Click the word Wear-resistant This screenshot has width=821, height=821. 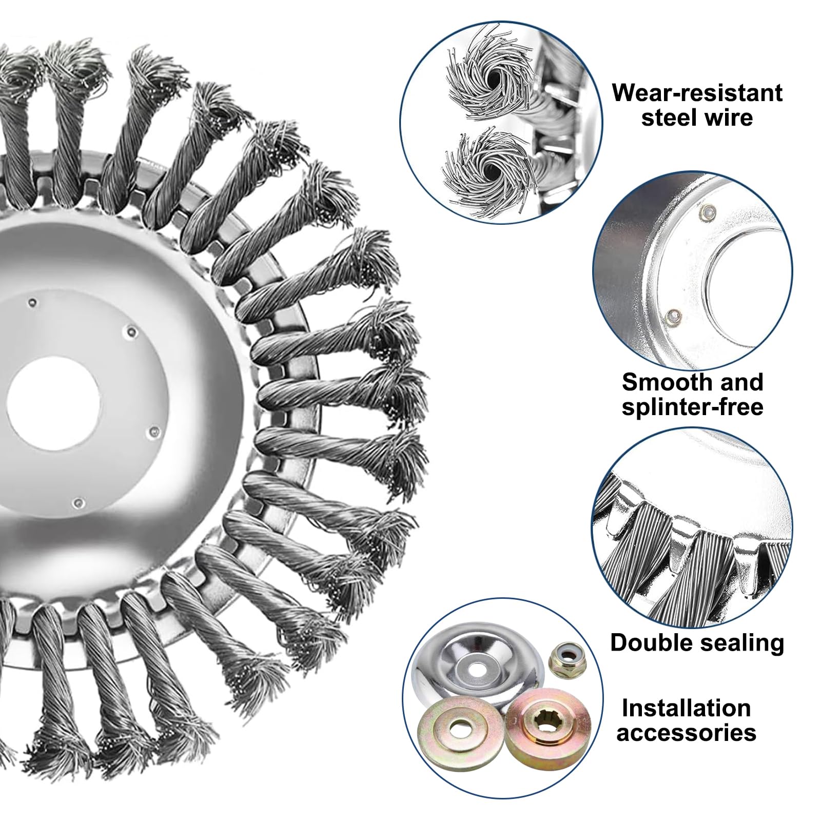697,93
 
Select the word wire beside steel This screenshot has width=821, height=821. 726,118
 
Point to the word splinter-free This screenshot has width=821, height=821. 692,407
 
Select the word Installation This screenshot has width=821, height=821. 686,708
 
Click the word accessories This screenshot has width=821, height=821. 686,733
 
